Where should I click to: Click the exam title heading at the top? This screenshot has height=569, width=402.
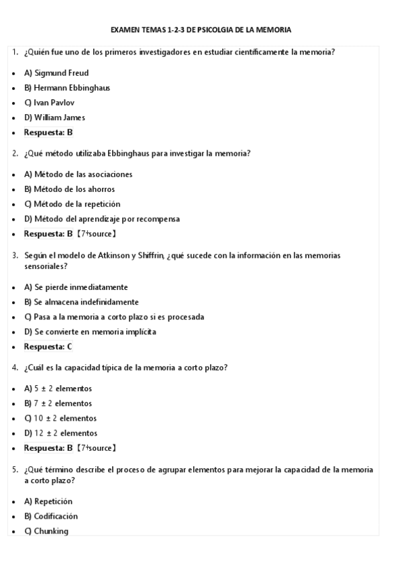click(201, 30)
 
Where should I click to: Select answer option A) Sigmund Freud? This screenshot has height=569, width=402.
click(56, 73)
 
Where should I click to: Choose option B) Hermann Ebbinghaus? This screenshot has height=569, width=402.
click(67, 88)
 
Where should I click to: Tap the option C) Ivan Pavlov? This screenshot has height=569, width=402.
click(49, 103)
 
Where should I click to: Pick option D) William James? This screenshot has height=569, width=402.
click(54, 117)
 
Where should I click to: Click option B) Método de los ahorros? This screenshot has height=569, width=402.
click(69, 189)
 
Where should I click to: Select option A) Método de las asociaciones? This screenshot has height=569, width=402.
click(78, 174)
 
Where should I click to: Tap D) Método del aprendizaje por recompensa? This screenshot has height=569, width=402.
click(101, 219)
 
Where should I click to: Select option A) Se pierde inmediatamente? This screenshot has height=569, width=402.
click(76, 287)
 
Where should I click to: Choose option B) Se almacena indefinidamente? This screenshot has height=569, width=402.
click(81, 302)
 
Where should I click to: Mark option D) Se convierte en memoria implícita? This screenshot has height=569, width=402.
click(90, 331)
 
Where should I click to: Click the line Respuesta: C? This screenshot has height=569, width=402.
click(48, 347)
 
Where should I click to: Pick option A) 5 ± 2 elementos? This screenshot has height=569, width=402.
click(58, 389)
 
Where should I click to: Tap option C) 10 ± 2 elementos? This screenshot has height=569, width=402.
click(60, 418)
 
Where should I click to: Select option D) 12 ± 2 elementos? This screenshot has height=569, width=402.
click(60, 433)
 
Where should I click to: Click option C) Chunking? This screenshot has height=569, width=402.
click(46, 531)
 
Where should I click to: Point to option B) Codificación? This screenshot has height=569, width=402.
click(51, 516)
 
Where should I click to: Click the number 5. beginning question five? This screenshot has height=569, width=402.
click(15, 470)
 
